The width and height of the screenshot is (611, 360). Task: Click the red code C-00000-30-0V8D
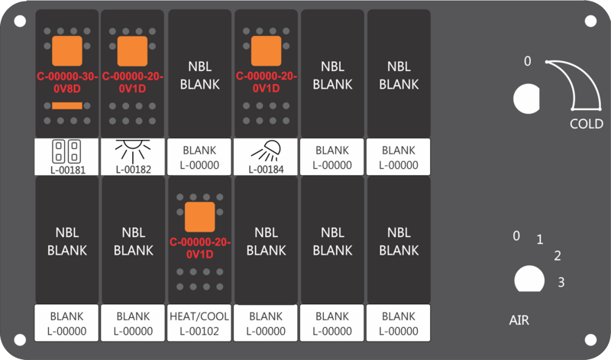(67, 83)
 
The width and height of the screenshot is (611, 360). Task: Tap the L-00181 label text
(68, 170)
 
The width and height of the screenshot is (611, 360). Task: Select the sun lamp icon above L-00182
(133, 151)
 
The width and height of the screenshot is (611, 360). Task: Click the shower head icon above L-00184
(266, 151)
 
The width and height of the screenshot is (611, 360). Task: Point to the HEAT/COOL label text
(199, 316)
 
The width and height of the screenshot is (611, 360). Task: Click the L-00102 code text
(199, 331)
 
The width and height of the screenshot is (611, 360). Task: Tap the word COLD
(587, 124)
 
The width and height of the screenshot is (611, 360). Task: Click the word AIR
(519, 320)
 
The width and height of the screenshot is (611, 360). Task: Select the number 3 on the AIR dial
(561, 282)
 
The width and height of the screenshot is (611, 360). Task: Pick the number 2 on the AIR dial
(558, 256)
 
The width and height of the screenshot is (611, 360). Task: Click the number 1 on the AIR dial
(540, 239)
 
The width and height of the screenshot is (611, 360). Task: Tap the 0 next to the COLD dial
(527, 61)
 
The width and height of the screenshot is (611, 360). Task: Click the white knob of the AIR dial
(529, 279)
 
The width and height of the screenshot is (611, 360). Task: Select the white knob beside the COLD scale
(526, 99)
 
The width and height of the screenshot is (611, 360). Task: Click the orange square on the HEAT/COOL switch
(200, 217)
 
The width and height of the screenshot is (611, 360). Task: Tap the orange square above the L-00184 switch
(266, 51)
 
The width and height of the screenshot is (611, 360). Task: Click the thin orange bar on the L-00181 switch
(67, 105)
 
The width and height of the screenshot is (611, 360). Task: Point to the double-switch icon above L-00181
(66, 151)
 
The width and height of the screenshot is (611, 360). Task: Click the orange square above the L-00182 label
(132, 51)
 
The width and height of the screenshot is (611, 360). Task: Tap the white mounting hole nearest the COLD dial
(590, 21)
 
